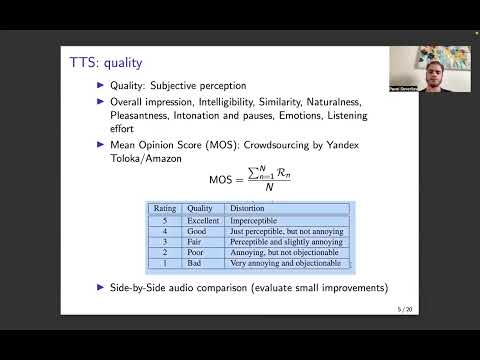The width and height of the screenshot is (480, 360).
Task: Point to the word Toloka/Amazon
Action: (x=149, y=158)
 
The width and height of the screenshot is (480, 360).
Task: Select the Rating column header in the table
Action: (x=165, y=209)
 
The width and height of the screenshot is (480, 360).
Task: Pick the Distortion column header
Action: (x=247, y=209)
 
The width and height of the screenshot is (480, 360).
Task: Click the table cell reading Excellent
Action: (x=203, y=220)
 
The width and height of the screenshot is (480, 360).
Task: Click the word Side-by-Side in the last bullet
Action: (x=137, y=288)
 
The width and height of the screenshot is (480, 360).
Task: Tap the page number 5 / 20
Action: (x=403, y=309)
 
